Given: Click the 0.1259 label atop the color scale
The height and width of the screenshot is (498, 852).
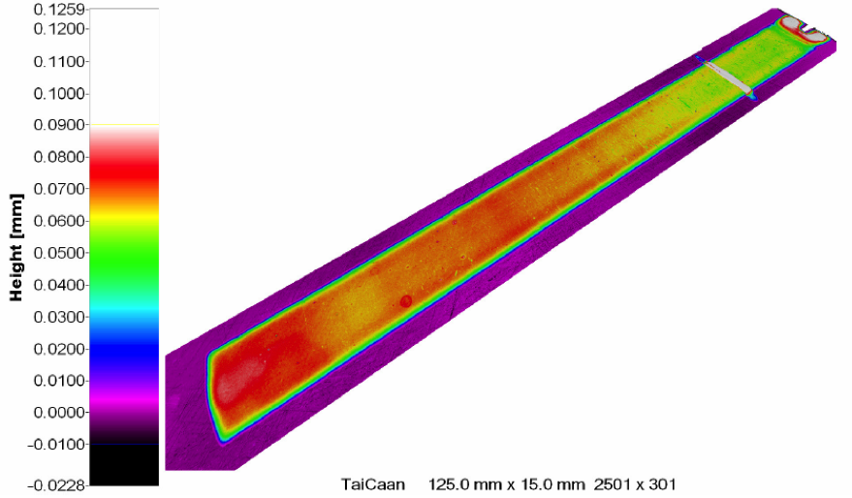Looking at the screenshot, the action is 59,10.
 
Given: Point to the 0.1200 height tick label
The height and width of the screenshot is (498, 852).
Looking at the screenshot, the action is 59,29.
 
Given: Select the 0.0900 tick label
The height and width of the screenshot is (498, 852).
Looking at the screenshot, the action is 59,125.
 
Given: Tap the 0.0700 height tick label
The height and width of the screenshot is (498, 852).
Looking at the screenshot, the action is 59,189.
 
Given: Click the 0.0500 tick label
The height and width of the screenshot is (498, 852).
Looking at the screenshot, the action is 59,253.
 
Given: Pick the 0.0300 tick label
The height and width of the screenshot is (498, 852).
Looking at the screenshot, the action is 59,317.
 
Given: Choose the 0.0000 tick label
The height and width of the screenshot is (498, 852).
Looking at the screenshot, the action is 59,413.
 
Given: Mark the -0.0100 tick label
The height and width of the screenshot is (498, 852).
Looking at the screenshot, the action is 56,445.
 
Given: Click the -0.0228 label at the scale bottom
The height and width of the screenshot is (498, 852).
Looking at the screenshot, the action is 56,485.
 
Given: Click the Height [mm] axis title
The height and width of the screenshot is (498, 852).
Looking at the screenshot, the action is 16,247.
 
